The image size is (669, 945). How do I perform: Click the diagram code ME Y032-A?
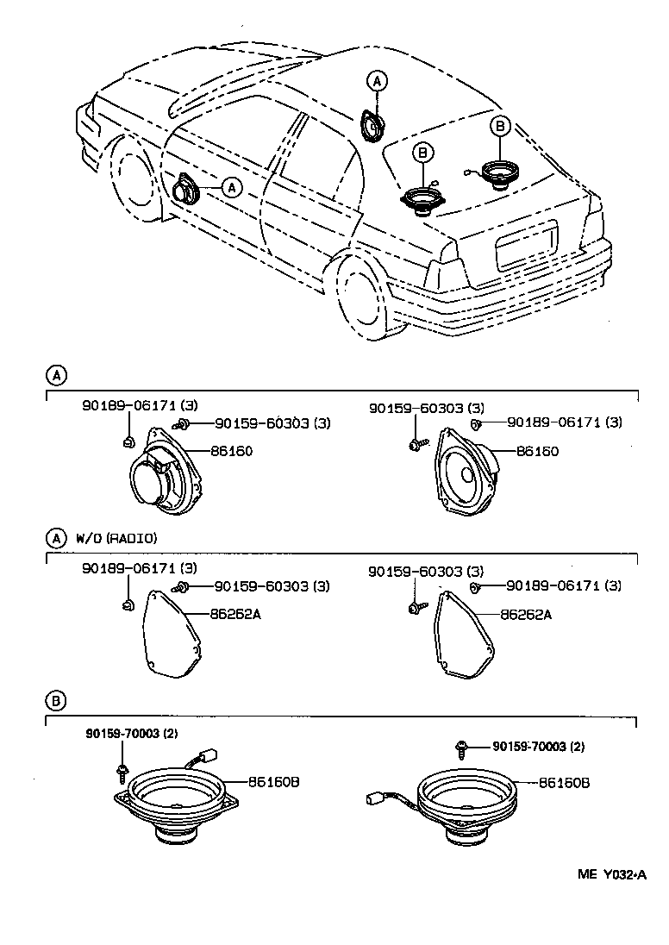click(x=611, y=874)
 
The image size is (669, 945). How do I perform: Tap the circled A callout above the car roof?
click(x=377, y=81)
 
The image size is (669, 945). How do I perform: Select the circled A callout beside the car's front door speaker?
click(x=232, y=186)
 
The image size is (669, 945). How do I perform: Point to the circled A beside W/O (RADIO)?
click(x=54, y=538)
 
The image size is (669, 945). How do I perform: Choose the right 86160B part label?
click(x=565, y=783)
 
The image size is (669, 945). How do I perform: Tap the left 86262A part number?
click(x=234, y=615)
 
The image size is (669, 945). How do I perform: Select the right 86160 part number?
click(x=537, y=451)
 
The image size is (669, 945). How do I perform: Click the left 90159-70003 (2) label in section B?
click(x=131, y=734)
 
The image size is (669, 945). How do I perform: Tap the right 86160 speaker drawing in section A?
click(x=466, y=479)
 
